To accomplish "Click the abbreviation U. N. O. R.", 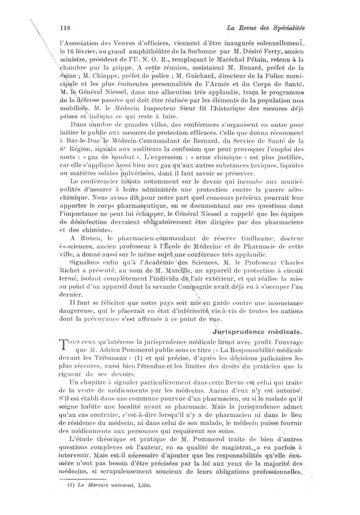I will (x=149, y=59).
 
